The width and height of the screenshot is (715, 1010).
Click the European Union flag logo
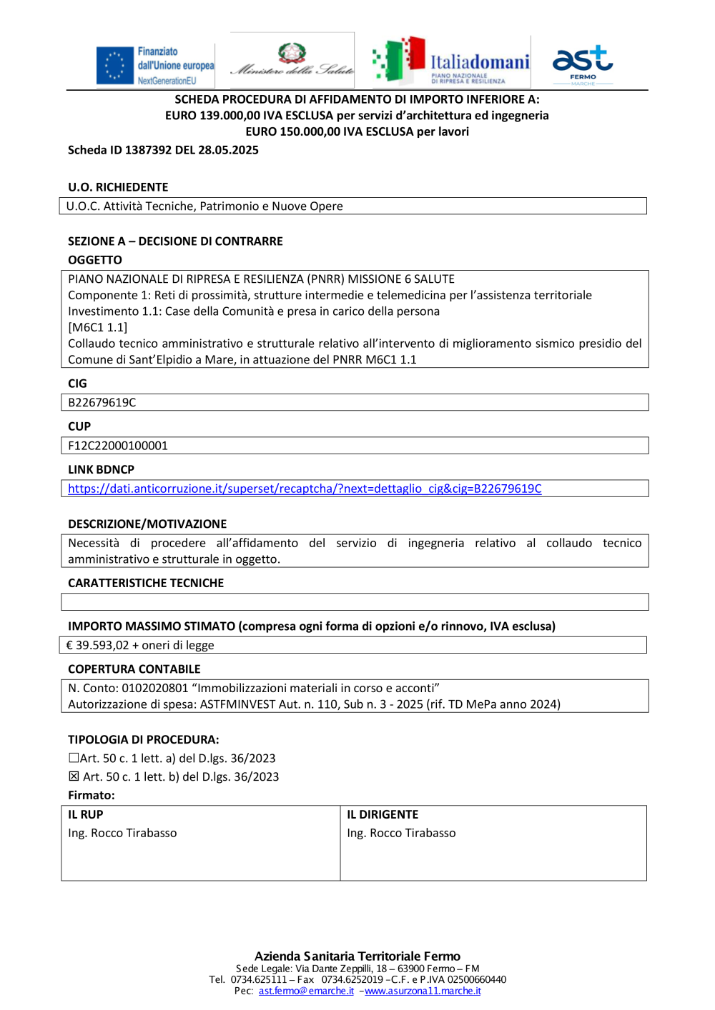click(115, 65)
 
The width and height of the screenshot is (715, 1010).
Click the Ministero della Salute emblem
click(292, 54)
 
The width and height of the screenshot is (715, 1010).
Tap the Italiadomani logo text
click(480, 62)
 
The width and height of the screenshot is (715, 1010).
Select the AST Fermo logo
click(583, 63)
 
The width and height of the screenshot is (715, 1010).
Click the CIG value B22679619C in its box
click(102, 403)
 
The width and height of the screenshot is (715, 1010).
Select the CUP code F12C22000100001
click(118, 446)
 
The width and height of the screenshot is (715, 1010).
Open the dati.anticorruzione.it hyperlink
click(305, 489)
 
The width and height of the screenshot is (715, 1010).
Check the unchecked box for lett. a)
click(74, 758)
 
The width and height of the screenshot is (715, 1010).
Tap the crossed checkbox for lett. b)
click(74, 776)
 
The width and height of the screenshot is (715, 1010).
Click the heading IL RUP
click(86, 814)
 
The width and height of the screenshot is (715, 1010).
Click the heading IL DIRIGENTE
click(383, 814)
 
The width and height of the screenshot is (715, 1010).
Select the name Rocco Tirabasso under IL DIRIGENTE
click(413, 833)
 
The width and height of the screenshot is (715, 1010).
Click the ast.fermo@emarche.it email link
click(306, 991)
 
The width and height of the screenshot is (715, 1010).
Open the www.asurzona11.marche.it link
click(423, 991)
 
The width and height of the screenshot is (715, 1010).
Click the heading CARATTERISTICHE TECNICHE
click(146, 583)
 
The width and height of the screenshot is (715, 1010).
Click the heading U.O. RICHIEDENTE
click(118, 187)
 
